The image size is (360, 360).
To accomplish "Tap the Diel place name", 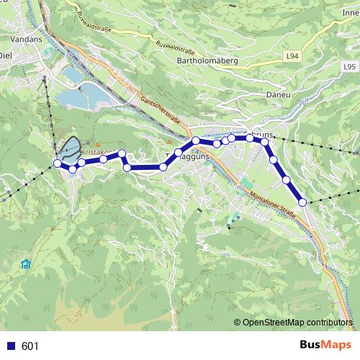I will tap(6, 55).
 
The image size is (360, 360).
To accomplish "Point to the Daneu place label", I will tap(258, 93).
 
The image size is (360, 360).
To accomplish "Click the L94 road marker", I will tap(292, 55).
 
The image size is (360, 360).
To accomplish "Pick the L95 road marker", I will tap(348, 67).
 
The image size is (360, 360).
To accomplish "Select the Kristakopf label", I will tap(101, 152).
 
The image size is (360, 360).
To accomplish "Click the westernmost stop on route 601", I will tap(58, 163).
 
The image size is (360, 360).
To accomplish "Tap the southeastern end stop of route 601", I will tap(303, 202).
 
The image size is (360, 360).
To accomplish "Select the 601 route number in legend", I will tap(30, 346).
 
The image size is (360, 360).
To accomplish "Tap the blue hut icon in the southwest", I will tap(27, 264).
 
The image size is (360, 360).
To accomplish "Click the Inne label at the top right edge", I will tap(351, 12).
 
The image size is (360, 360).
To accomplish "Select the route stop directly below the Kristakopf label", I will tap(104, 159).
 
